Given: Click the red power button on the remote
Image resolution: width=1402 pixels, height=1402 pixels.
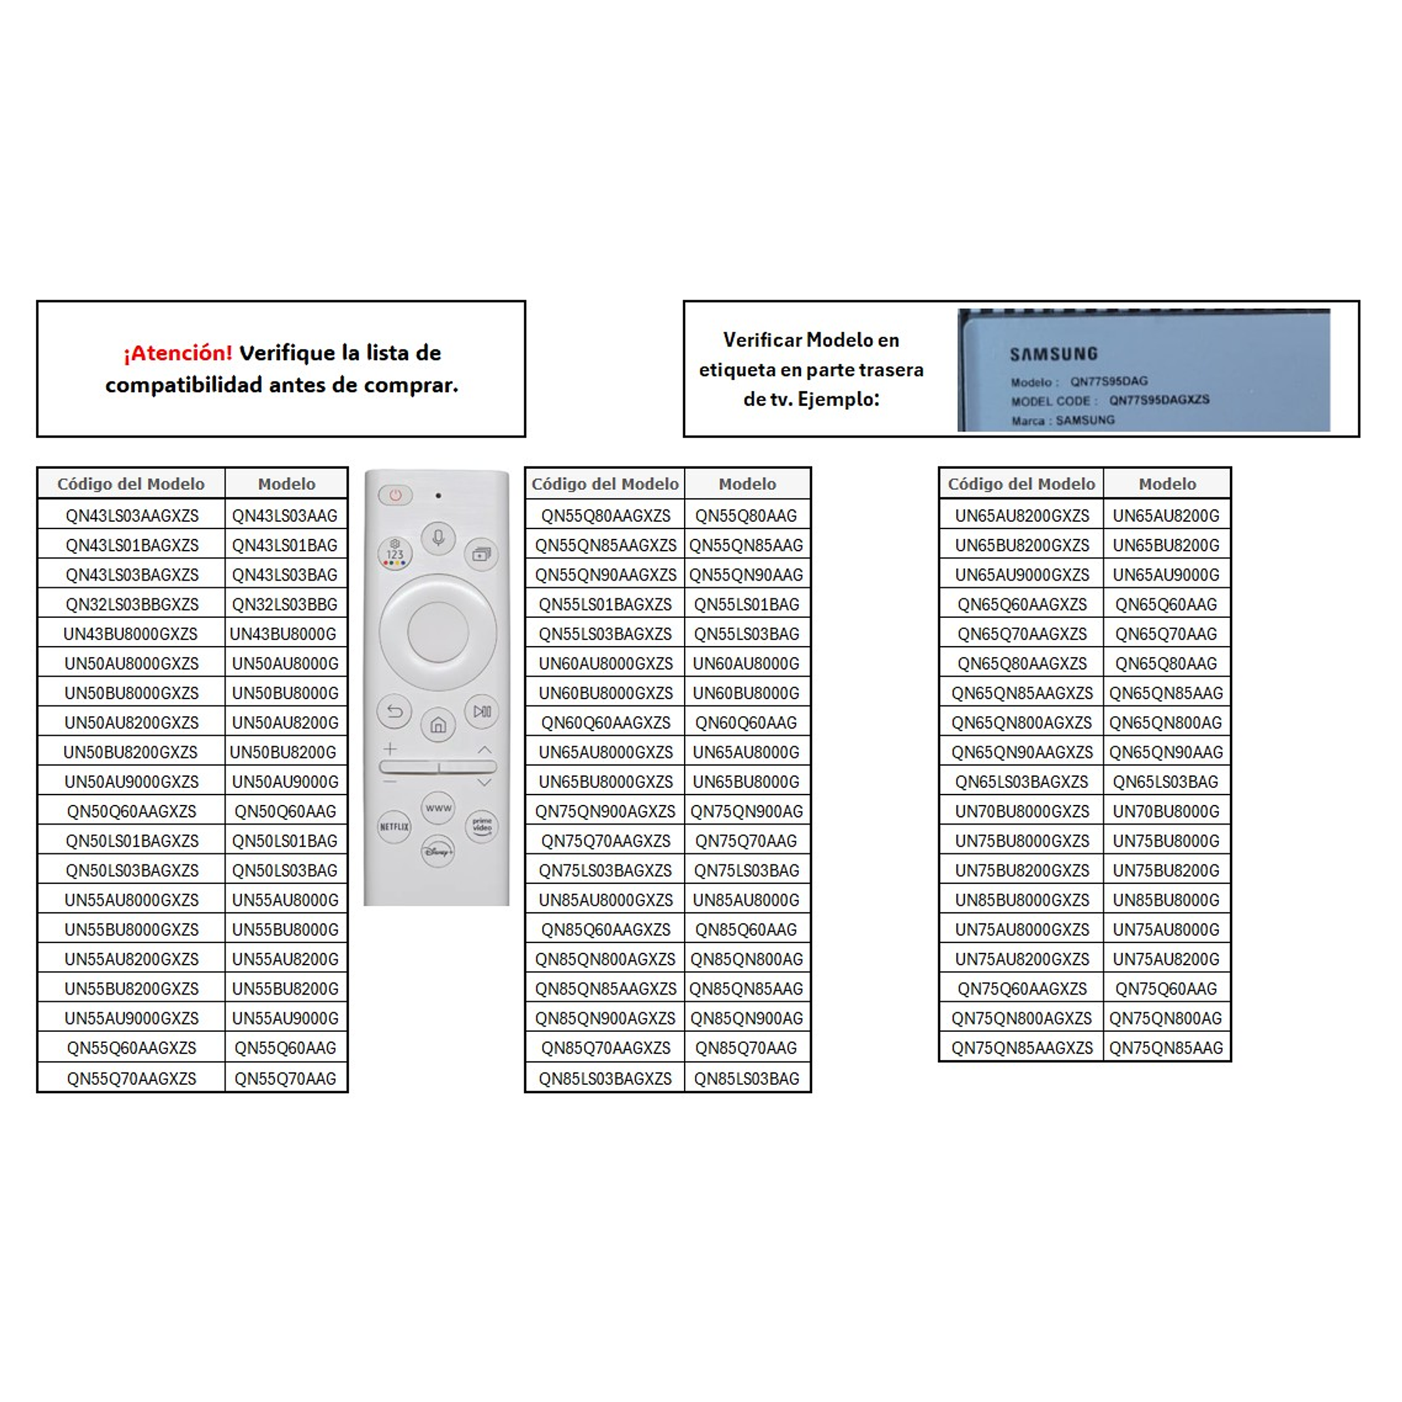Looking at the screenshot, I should tap(395, 495).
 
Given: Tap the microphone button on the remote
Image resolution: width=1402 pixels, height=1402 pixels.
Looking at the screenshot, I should tap(438, 538).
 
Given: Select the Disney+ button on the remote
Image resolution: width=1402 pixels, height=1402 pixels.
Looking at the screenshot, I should tap(437, 851).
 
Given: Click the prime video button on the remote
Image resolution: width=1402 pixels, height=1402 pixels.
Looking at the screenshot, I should tap(482, 826).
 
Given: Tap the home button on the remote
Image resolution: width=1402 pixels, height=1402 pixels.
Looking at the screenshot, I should tap(438, 725).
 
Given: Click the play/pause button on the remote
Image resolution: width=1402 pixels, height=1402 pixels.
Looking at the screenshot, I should tap(482, 711).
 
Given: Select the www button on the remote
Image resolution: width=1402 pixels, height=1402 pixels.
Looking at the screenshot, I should tap(438, 808).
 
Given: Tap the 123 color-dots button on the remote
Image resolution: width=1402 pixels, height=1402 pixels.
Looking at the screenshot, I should tap(394, 554).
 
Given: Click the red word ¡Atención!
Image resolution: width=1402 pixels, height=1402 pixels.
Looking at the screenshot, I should tap(178, 353).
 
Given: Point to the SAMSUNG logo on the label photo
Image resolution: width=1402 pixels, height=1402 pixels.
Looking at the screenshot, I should tap(1053, 354).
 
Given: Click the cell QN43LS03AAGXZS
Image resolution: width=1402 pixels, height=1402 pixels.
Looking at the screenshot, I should tap(132, 515).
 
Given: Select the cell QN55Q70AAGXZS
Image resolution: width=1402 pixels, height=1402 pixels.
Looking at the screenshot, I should tap(131, 1078).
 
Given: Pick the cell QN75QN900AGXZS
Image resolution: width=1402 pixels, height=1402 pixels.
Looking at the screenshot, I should tap(606, 812).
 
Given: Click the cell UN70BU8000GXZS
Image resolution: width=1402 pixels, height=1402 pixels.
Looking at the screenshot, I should tap(1022, 812).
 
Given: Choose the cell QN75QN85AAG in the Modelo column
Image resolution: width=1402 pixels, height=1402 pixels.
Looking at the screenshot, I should tap(1166, 1048).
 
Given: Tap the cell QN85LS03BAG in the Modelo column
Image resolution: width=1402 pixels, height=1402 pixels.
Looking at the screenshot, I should tap(747, 1078).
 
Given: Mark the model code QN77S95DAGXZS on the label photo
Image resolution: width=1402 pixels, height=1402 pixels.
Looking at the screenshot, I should tap(1159, 400).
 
